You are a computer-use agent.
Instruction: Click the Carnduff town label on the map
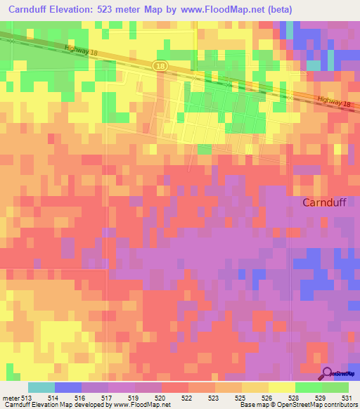point(328,202)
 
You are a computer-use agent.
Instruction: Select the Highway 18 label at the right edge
point(333,102)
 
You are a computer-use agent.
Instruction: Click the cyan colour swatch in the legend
point(41,387)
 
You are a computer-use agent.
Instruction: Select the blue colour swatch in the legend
point(67,387)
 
